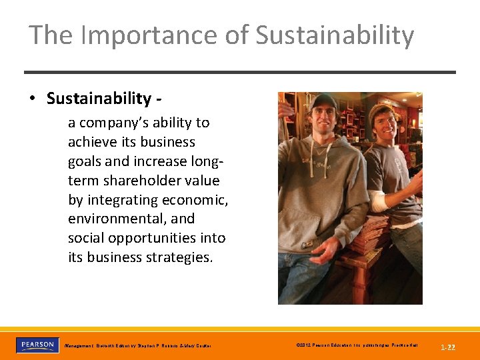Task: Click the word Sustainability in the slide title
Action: (x=335, y=35)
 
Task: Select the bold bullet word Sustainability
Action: (x=99, y=99)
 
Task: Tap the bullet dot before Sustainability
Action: (x=32, y=99)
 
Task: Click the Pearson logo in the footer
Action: (x=37, y=345)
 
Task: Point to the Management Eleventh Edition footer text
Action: (x=137, y=346)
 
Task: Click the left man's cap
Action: (x=324, y=100)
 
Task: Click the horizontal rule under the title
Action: (x=240, y=72)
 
